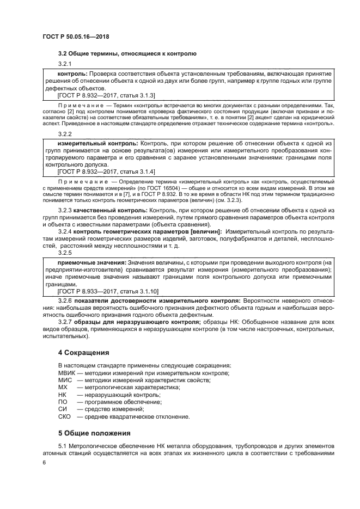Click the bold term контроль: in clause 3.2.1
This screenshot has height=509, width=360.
(x=73, y=73)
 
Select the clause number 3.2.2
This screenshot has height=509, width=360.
(x=65, y=133)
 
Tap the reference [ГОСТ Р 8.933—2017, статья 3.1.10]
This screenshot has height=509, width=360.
(x=100, y=292)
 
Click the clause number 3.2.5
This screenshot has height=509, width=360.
(x=65, y=253)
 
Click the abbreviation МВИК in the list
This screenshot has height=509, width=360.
(x=67, y=372)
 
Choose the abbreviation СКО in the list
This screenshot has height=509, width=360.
(x=65, y=417)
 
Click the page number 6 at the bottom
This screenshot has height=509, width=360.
(x=44, y=462)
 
